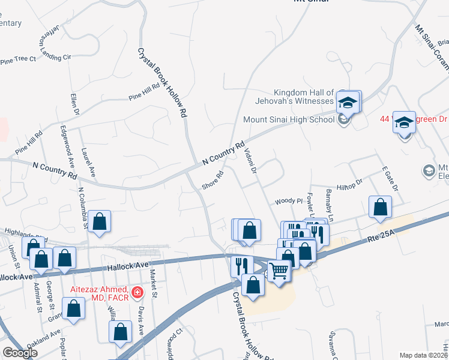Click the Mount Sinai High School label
(x=288, y=119)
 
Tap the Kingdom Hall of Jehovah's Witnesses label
(x=303, y=97)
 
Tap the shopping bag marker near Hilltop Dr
(x=380, y=208)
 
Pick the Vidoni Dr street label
(x=250, y=161)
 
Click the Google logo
(x=20, y=353)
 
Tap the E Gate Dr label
(x=389, y=179)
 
